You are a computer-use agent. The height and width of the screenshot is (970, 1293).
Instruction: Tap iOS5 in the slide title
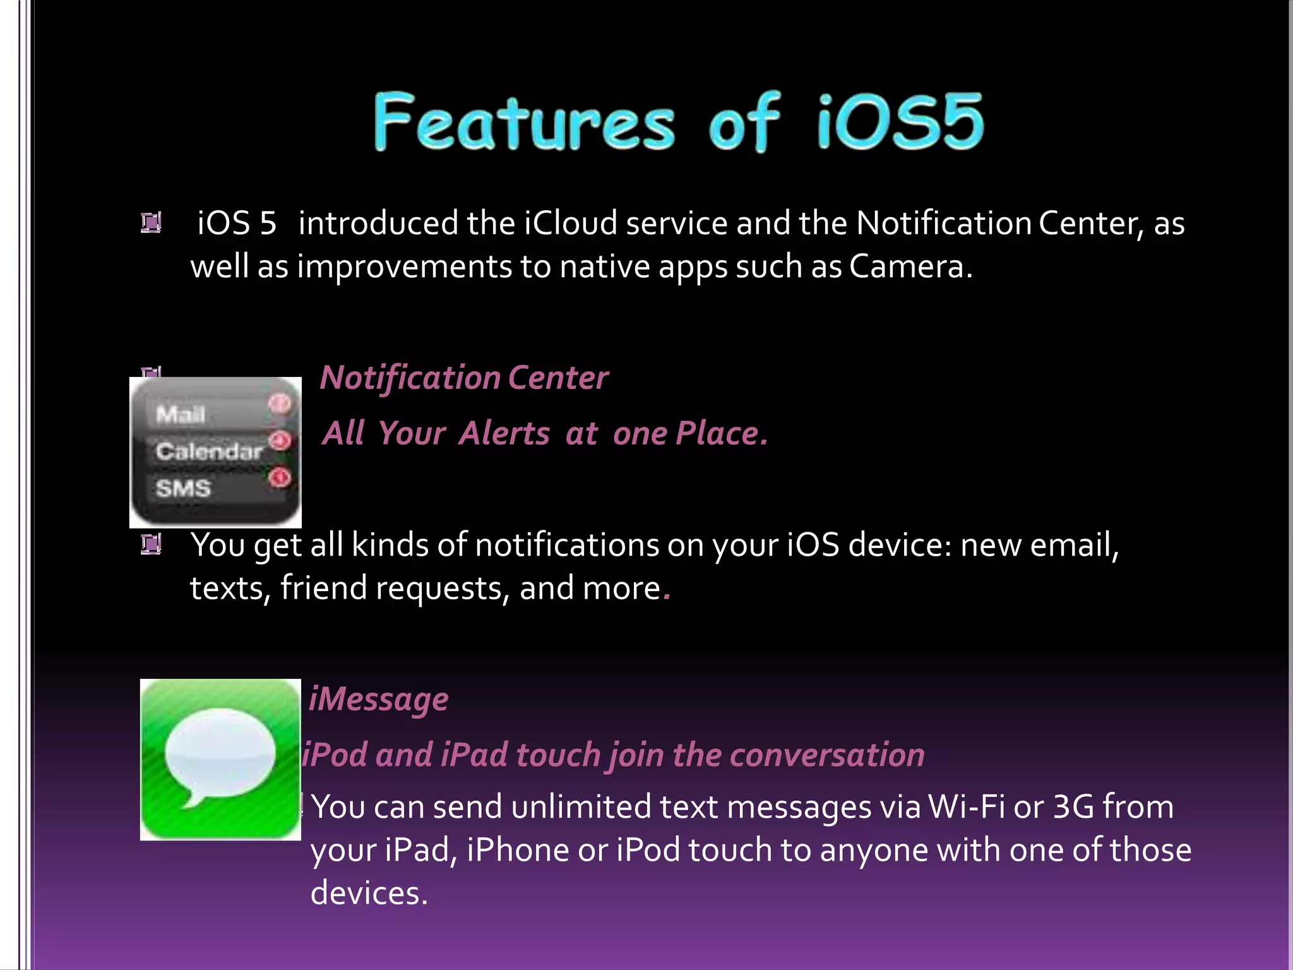[900, 122]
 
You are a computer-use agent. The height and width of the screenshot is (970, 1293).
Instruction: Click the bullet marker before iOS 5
[151, 223]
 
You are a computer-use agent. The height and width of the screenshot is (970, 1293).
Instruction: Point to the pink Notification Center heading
[464, 378]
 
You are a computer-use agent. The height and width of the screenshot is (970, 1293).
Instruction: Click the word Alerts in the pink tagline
[504, 434]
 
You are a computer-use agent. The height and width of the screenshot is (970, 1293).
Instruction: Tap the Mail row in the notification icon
[181, 415]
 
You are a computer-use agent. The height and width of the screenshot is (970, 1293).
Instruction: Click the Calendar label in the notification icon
[209, 451]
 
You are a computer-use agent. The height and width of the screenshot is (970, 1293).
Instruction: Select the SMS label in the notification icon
[184, 488]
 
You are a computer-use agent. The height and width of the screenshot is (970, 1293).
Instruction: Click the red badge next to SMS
[280, 477]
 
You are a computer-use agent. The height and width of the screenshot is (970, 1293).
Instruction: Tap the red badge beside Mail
[280, 403]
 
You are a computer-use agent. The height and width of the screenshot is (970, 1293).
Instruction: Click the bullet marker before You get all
[151, 544]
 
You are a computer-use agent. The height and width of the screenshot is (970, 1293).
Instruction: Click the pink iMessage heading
[379, 700]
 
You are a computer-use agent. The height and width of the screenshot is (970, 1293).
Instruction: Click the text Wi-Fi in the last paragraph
[966, 807]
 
